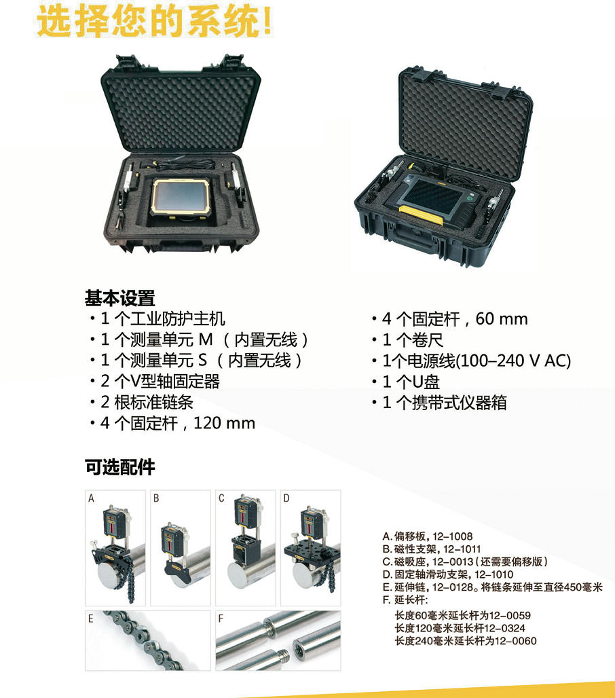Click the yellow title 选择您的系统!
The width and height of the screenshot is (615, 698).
154,21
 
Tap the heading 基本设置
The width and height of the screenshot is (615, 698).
119,298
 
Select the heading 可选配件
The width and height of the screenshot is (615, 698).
119,467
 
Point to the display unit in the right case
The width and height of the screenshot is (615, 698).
434,198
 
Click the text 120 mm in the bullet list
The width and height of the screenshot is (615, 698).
224,423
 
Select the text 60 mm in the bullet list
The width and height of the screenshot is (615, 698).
502,318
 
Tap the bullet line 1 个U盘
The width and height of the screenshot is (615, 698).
406,382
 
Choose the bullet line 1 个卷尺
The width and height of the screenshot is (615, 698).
408,340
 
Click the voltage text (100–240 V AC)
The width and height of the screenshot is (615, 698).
513,361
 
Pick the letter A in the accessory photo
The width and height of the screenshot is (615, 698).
91,498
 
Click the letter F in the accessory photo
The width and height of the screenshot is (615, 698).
221,619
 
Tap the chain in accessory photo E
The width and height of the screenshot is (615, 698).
143,640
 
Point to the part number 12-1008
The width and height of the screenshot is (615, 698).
453,536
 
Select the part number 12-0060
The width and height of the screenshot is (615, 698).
516,641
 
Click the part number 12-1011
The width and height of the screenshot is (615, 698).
462,549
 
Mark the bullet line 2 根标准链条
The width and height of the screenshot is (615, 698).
141,402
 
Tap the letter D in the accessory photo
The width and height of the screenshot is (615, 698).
286,498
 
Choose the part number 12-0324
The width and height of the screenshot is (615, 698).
504,628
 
